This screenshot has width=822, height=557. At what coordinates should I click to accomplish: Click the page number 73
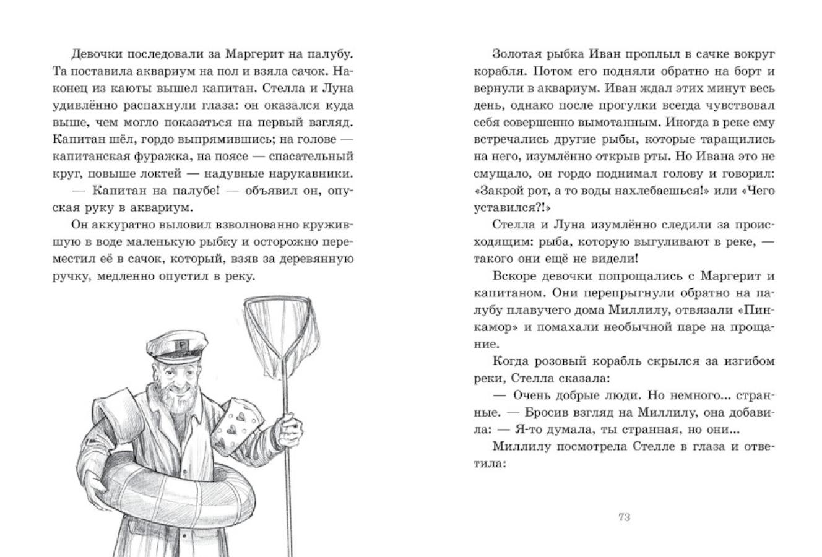click(623, 517)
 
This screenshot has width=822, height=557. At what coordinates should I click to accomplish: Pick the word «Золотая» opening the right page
click(519, 54)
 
